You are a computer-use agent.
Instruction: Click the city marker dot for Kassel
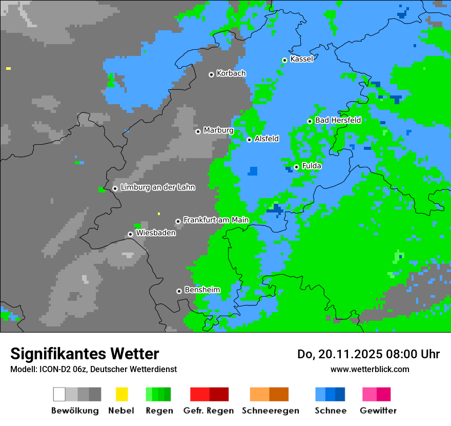point(284,60)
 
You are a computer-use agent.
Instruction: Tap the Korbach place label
point(231,73)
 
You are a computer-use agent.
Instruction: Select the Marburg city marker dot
point(198,131)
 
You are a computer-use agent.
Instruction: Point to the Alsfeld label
point(266,139)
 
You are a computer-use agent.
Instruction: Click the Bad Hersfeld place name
point(338,120)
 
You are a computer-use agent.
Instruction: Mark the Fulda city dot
point(296,167)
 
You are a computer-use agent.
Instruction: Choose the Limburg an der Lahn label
point(157,187)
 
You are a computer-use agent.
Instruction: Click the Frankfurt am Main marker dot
point(178,221)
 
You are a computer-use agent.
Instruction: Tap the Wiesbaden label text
point(155,233)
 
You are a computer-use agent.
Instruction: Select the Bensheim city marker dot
point(179,291)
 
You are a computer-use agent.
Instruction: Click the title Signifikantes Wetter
point(85,354)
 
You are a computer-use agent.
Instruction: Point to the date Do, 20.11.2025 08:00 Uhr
point(368,354)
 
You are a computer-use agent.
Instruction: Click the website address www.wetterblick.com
point(370,369)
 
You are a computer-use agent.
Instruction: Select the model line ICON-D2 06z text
point(93,369)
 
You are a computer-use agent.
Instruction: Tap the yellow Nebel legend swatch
point(121,394)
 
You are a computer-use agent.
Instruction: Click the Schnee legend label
point(330,411)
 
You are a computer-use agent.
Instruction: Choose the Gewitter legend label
point(378,411)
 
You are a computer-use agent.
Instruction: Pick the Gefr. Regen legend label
point(209,411)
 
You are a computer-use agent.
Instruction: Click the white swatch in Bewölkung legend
point(59,394)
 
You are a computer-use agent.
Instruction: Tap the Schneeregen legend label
point(271,411)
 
